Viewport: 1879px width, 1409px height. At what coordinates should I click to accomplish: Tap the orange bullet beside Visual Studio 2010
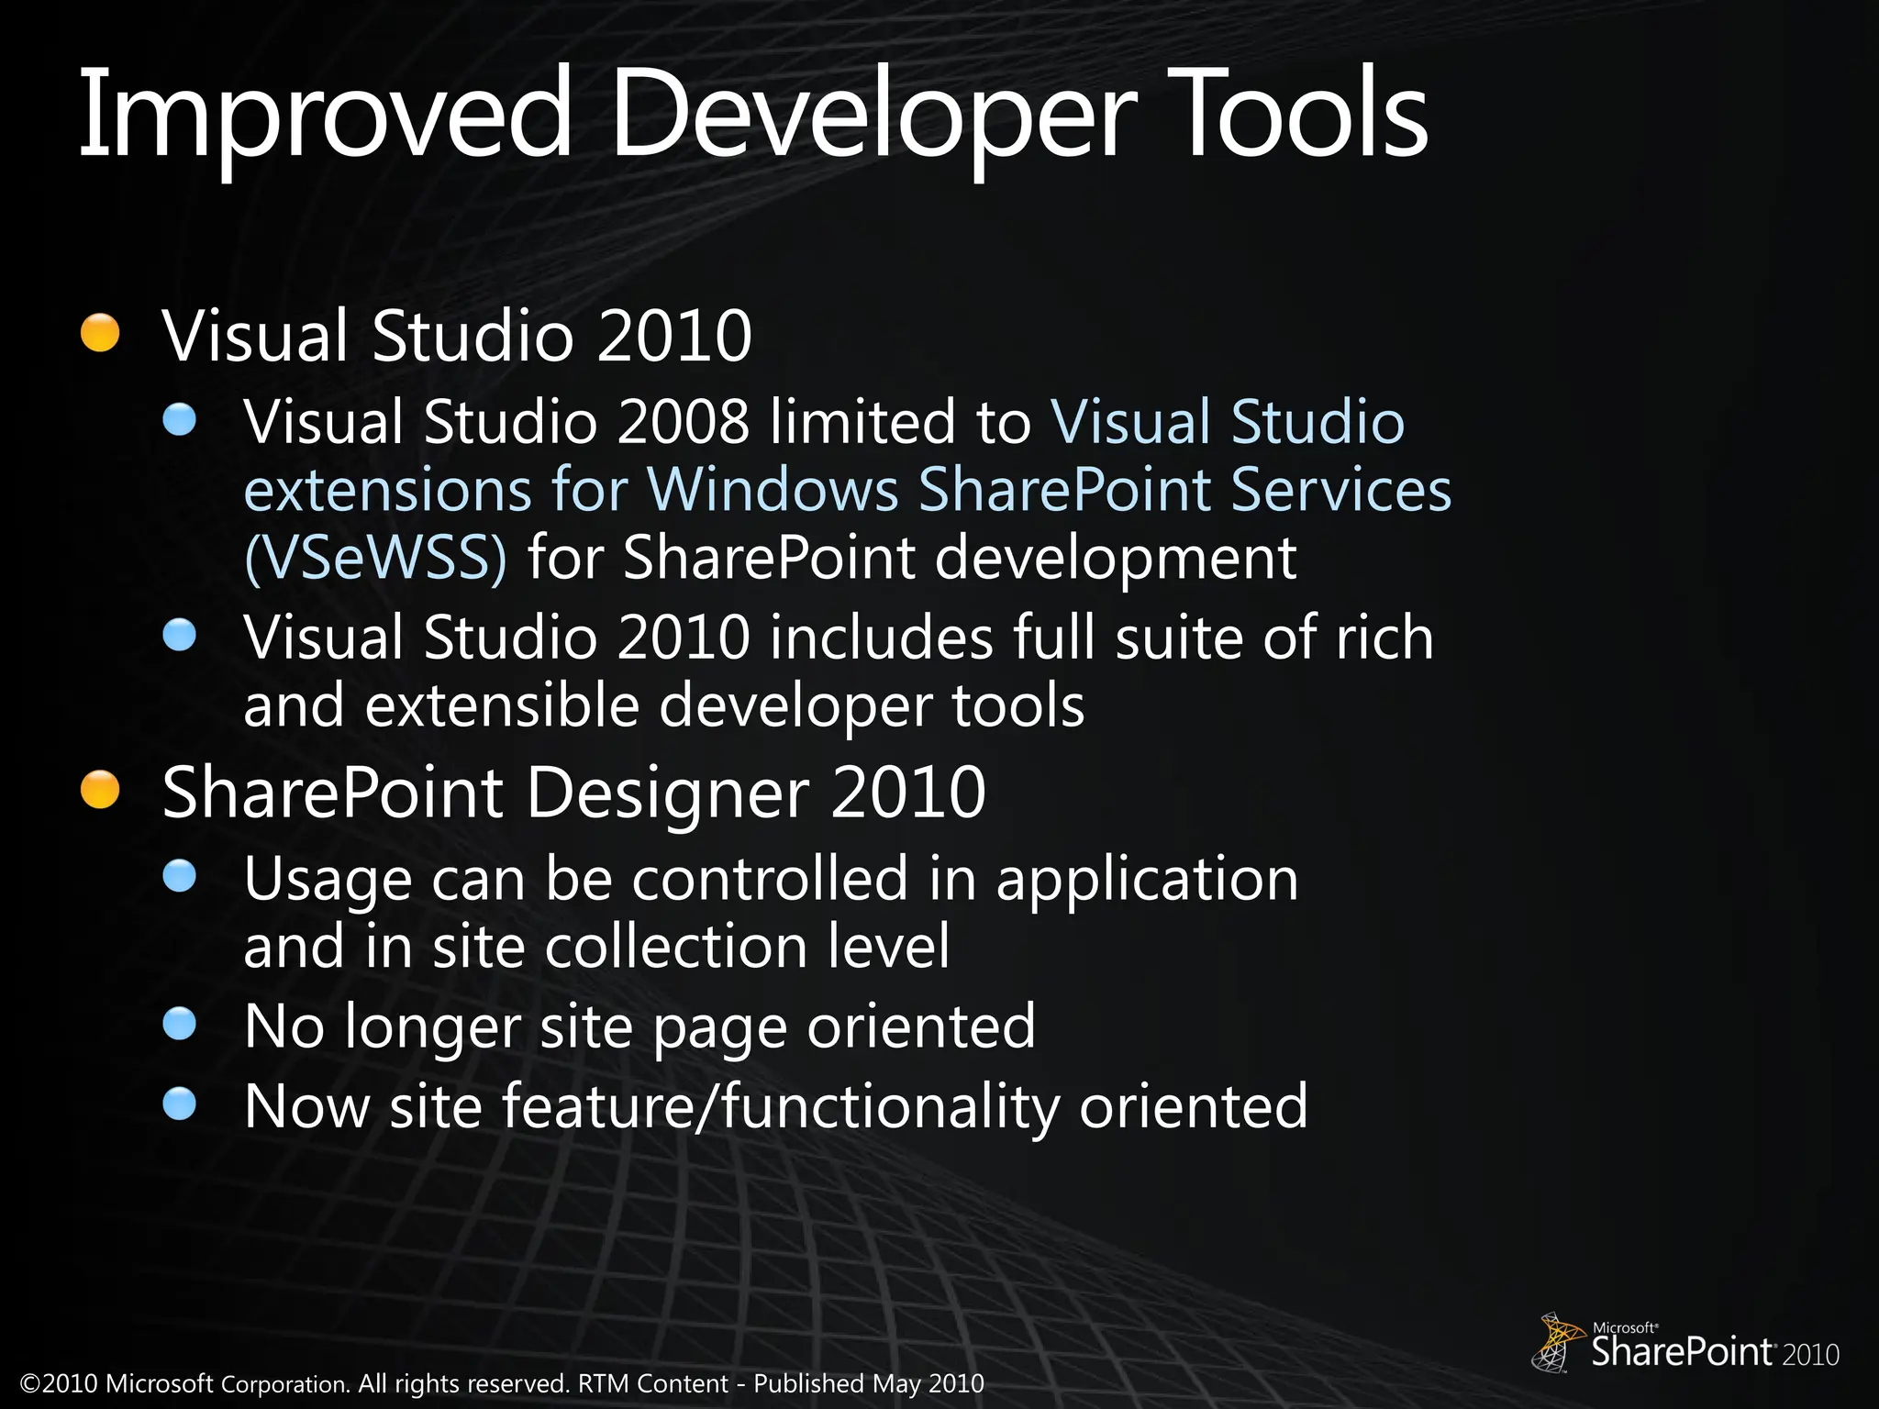(x=100, y=333)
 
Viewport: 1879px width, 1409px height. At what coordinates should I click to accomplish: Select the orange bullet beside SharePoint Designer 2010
(x=100, y=790)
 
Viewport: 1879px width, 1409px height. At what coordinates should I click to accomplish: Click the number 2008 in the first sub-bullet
(x=683, y=423)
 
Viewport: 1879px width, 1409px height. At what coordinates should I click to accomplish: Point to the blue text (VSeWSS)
(x=375, y=558)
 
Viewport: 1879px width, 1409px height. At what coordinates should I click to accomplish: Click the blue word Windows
(x=773, y=490)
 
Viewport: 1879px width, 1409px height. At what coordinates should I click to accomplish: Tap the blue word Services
(x=1340, y=490)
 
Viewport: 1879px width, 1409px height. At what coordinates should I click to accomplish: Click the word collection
(x=676, y=947)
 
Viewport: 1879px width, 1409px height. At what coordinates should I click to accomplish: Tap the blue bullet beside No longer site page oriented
(x=180, y=1024)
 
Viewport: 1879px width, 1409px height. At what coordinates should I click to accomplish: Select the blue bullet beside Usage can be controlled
(x=180, y=876)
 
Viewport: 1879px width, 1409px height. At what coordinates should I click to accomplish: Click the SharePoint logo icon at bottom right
(x=1558, y=1341)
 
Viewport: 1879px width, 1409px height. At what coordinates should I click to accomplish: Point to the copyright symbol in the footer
(x=30, y=1384)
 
